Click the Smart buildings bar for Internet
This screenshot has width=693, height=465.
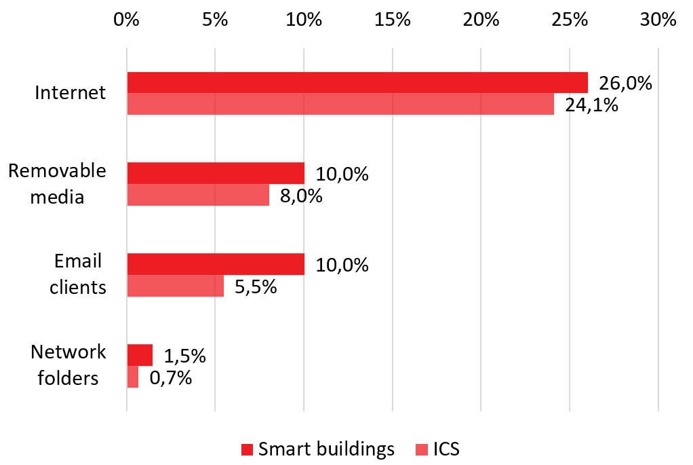[357, 82]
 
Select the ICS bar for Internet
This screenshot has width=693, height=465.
[340, 104]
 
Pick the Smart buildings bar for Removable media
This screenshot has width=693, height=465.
[216, 173]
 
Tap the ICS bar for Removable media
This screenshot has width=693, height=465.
[198, 195]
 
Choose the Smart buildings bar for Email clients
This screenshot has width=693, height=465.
[216, 264]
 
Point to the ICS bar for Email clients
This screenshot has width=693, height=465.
[176, 286]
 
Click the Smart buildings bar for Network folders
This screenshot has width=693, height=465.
[140, 354]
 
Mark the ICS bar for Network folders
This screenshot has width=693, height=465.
[133, 377]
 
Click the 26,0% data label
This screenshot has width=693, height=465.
[625, 83]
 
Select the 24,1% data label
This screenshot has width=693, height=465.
[591, 105]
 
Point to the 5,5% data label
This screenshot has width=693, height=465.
[255, 286]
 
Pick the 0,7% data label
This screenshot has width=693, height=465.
[170, 377]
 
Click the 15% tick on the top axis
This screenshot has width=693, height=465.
[393, 20]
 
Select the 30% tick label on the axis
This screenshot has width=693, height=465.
[658, 20]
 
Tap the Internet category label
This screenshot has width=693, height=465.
[71, 92]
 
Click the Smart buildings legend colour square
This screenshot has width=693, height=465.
[248, 449]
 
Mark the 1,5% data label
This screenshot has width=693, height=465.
[184, 356]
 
